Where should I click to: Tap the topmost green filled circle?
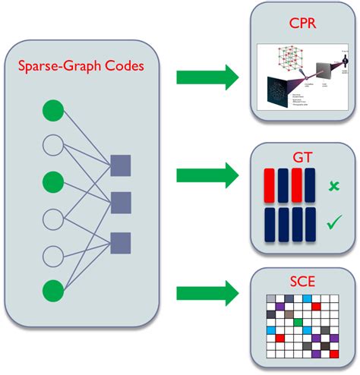point(52,111)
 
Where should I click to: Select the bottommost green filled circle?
point(52,290)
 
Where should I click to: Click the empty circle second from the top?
point(52,147)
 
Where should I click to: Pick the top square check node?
point(122,165)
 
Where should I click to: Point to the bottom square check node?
point(122,243)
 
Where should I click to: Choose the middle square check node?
point(122,203)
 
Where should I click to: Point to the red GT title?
point(302,156)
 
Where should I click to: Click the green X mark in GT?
point(332,186)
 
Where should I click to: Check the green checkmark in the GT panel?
point(333,222)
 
